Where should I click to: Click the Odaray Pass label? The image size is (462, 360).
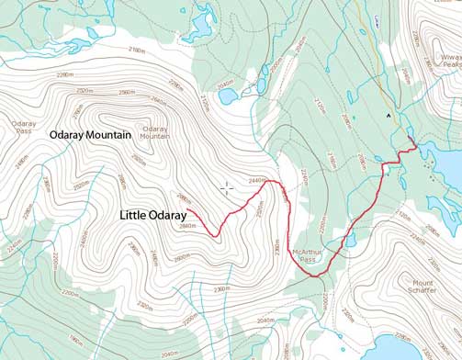24,127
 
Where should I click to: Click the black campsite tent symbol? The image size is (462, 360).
389,116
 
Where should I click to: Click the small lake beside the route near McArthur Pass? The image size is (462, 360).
351,241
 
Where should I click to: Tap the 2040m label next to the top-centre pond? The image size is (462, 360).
223,85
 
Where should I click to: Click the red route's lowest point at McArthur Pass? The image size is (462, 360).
312,275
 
